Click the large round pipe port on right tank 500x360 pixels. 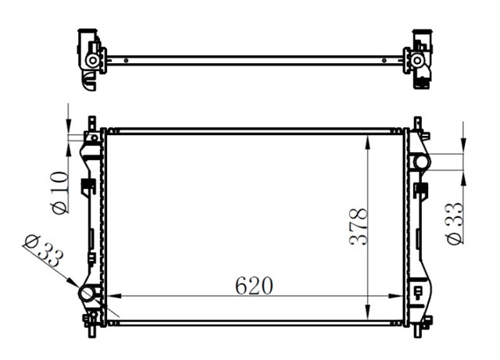pos(421,162)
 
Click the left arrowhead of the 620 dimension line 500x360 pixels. pos(112,296)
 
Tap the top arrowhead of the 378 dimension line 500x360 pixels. pos(368,137)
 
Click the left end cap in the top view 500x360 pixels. pos(91,56)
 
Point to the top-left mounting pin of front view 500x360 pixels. pos(91,123)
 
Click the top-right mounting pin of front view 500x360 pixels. pos(417,123)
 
